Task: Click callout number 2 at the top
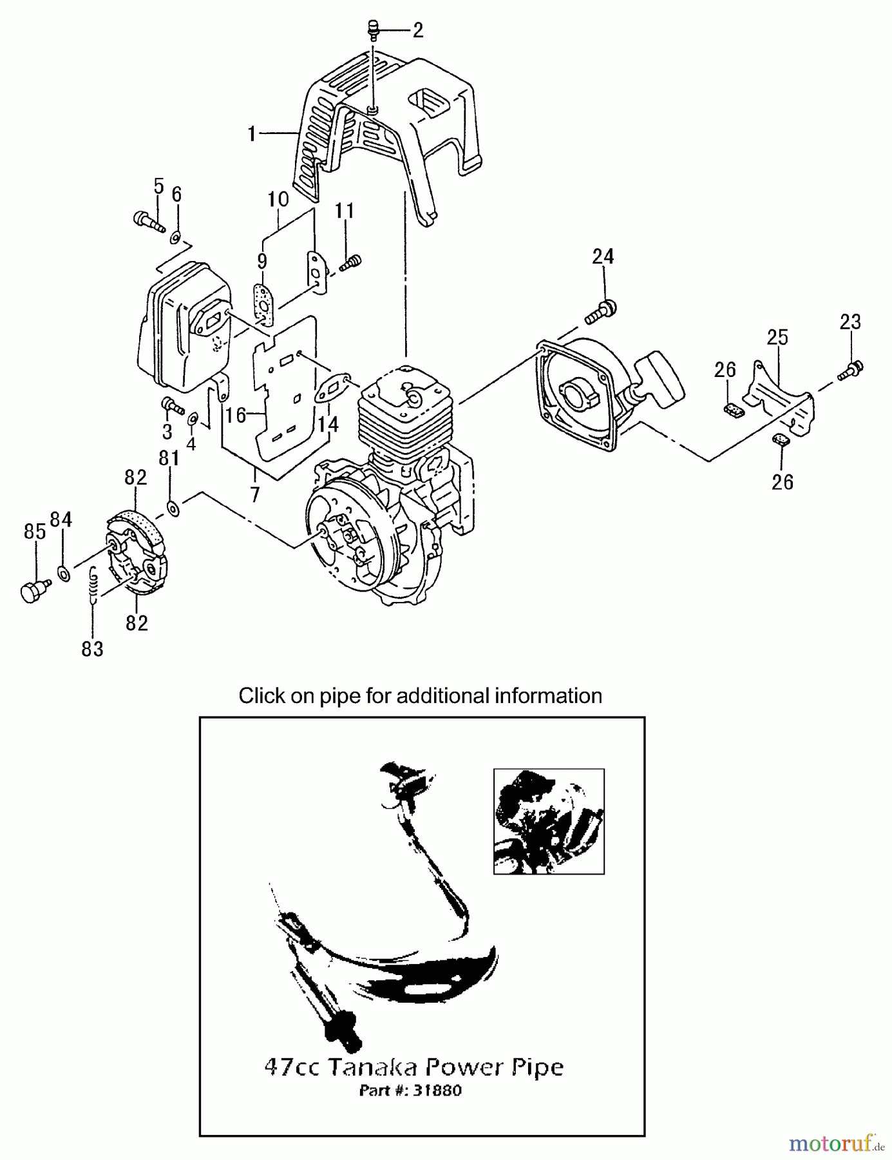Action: [418, 30]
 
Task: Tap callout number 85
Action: [35, 532]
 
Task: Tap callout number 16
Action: [236, 416]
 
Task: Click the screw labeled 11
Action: [352, 262]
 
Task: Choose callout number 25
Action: [777, 337]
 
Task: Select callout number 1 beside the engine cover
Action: [252, 133]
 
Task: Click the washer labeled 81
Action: [172, 507]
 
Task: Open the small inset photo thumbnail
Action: [549, 821]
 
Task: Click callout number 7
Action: [255, 494]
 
